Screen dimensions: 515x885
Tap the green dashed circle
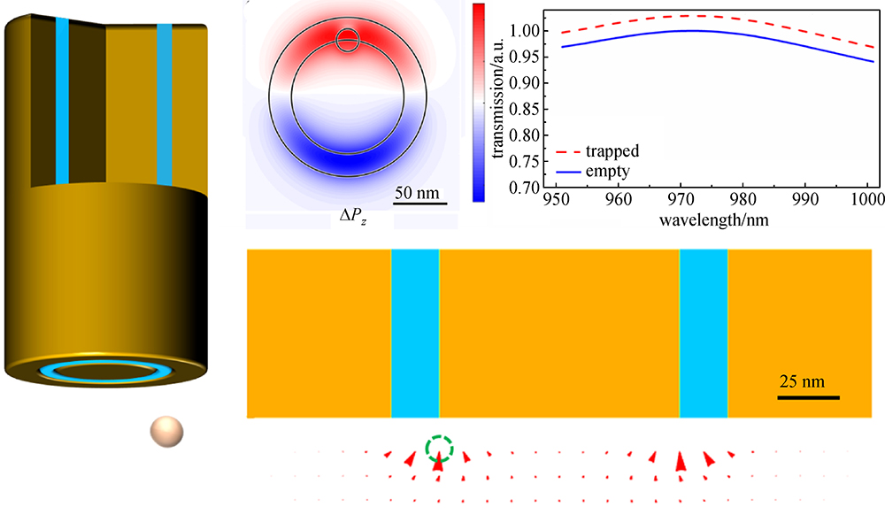point(439,449)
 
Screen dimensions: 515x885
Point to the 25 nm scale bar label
point(802,382)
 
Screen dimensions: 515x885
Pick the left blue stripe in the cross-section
point(415,333)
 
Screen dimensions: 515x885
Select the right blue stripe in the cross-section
point(704,333)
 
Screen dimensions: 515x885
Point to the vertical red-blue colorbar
point(479,103)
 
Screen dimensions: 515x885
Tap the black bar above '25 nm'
point(809,397)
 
